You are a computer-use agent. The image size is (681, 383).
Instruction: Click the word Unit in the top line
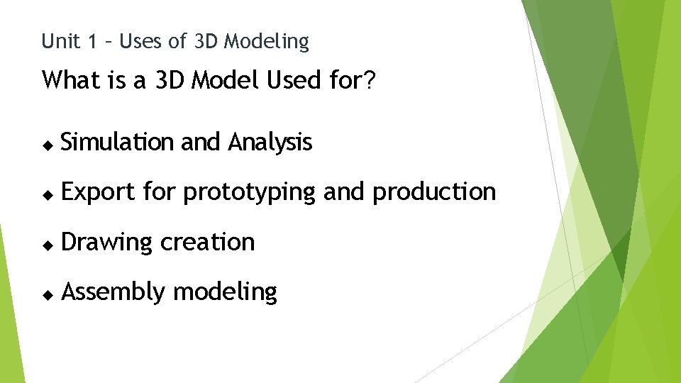pyautogui.click(x=61, y=42)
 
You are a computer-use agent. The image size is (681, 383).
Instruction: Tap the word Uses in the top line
pyautogui.click(x=142, y=42)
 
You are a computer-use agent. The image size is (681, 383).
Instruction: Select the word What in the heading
pyautogui.click(x=72, y=80)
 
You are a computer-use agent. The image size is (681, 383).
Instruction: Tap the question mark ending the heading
pyautogui.click(x=370, y=80)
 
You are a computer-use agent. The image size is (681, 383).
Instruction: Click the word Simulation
pyautogui.click(x=118, y=143)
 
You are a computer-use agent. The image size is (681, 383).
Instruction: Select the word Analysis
pyautogui.click(x=270, y=143)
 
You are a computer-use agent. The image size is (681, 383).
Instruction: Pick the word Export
pyautogui.click(x=98, y=192)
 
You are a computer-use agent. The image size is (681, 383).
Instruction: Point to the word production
pyautogui.click(x=433, y=192)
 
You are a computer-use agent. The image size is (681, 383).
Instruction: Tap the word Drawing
pyautogui.click(x=107, y=243)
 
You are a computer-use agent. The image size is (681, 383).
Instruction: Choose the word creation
pyautogui.click(x=207, y=242)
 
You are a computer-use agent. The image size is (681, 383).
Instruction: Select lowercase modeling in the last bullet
pyautogui.click(x=226, y=292)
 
